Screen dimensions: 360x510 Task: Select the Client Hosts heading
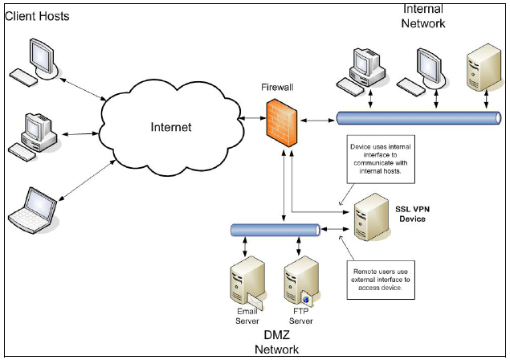click(x=37, y=16)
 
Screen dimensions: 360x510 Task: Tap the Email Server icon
click(x=246, y=281)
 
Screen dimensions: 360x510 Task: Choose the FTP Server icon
click(x=298, y=281)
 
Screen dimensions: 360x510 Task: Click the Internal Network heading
click(x=423, y=16)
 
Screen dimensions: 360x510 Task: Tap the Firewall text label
click(x=279, y=85)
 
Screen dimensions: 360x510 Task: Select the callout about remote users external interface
click(x=380, y=278)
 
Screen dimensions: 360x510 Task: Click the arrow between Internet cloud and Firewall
click(x=249, y=118)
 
